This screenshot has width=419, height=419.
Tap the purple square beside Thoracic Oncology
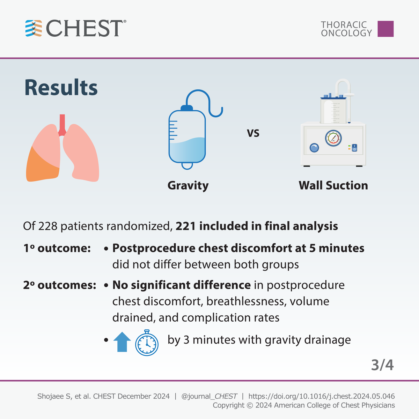coord(385,29)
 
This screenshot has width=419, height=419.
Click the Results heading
coord(61,88)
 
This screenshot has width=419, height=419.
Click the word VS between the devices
coord(253,133)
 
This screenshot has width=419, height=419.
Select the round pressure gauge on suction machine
coord(333,138)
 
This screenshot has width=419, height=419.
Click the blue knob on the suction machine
coord(314,148)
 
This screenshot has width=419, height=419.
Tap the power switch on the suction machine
coord(354,148)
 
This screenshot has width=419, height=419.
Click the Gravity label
coord(188,185)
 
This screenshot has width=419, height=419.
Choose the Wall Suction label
coord(333,185)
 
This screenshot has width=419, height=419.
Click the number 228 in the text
coord(48,226)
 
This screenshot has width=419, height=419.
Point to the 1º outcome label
coord(57,248)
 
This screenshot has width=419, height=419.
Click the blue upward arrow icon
coord(122,342)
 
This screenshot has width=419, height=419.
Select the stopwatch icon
coord(147,343)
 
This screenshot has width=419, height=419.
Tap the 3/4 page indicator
coord(382,365)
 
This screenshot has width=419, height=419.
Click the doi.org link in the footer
coord(321,396)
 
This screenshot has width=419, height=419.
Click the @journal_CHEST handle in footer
coord(209,396)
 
